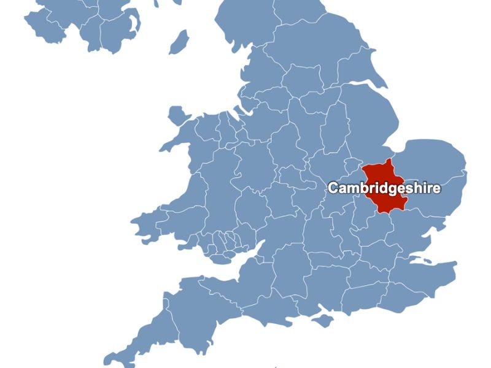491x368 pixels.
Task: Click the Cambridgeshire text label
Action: (x=384, y=188)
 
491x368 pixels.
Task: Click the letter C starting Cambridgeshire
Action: (x=333, y=188)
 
